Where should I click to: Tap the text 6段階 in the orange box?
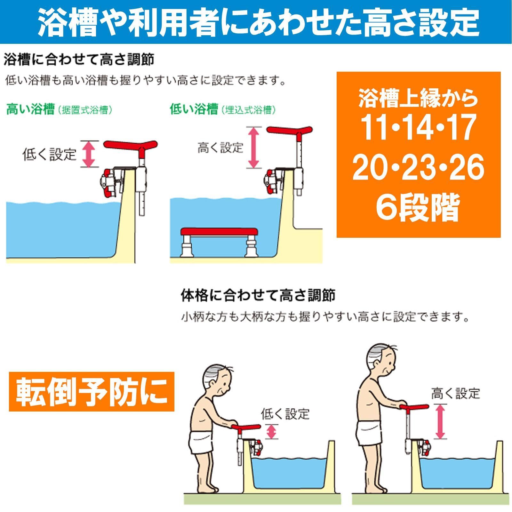coord(418,207)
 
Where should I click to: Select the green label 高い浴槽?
coord(30,110)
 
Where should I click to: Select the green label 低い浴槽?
coord(194,110)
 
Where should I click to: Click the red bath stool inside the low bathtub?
coord(219,232)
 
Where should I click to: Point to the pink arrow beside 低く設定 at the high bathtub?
coord(89,154)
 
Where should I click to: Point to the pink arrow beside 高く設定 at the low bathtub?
coord(253,147)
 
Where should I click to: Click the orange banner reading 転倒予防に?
coord(91,391)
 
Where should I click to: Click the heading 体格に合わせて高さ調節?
coord(258,295)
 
